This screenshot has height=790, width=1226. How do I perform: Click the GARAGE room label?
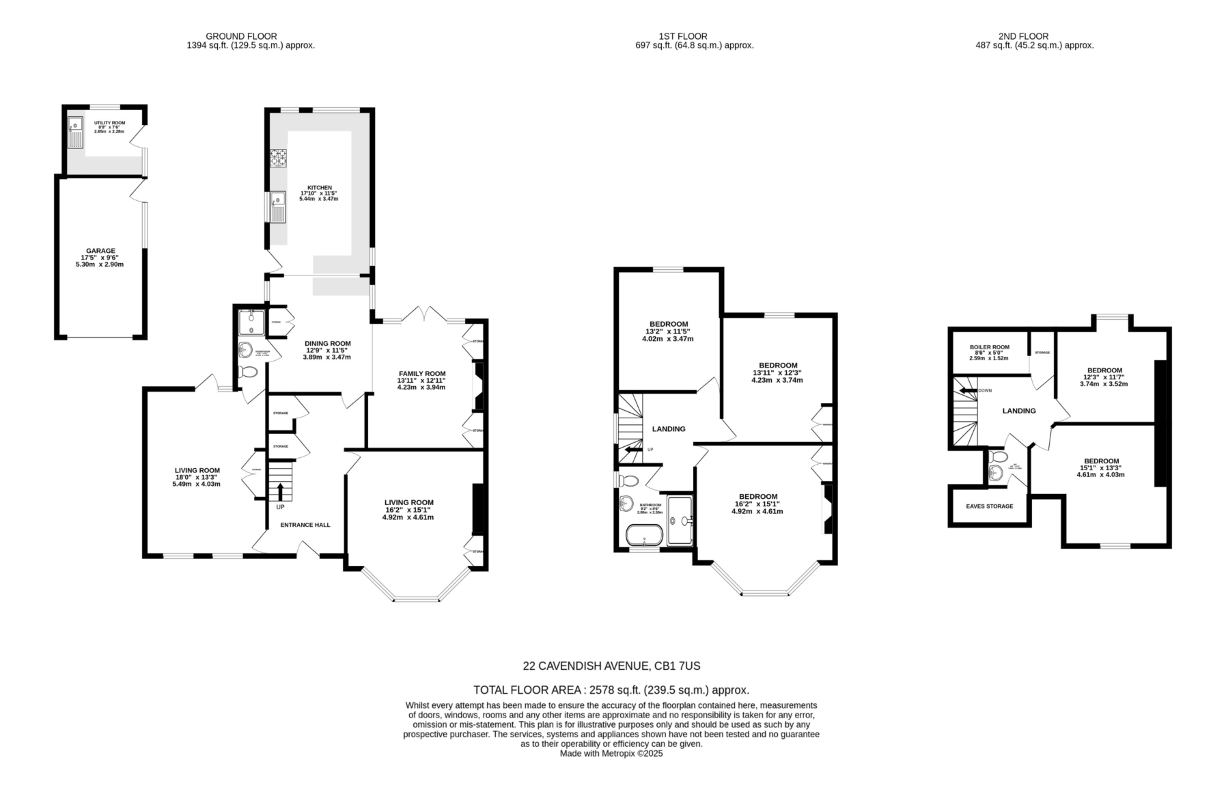point(100,251)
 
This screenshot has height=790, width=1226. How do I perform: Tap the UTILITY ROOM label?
point(109,123)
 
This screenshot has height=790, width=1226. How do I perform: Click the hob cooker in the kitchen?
point(278,158)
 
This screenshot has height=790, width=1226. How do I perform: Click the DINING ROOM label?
point(327,344)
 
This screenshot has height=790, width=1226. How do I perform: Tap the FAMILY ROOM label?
point(421,374)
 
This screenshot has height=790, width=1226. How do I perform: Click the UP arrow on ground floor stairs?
point(279,491)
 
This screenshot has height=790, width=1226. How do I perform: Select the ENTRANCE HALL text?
point(305,525)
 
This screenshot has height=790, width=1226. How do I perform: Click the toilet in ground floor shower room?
point(247,372)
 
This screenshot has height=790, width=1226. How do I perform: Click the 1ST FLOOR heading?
point(682,36)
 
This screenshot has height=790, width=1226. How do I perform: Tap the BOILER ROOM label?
point(989,347)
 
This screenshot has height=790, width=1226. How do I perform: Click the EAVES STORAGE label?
point(989,506)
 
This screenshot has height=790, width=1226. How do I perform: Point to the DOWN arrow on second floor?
point(968,391)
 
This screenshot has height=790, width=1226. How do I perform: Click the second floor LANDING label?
point(1018,411)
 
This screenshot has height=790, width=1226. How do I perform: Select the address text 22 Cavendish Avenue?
point(611,666)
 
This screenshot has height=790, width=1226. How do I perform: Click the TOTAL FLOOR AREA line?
point(611,690)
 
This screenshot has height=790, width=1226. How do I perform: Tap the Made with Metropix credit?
point(611,754)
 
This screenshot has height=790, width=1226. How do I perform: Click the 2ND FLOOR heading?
point(1022,36)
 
